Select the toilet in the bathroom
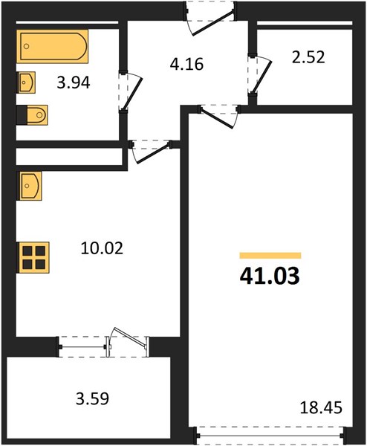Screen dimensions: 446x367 (33, 115)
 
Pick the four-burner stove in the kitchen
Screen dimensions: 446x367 (33, 256)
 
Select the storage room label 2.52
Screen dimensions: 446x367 (307, 56)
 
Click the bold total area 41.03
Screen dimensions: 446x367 (270, 277)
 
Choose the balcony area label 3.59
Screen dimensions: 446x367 (93, 398)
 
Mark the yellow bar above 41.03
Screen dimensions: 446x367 (270, 254)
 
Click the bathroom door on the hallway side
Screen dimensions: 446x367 (129, 90)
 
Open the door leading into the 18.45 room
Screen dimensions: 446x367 (219, 113)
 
